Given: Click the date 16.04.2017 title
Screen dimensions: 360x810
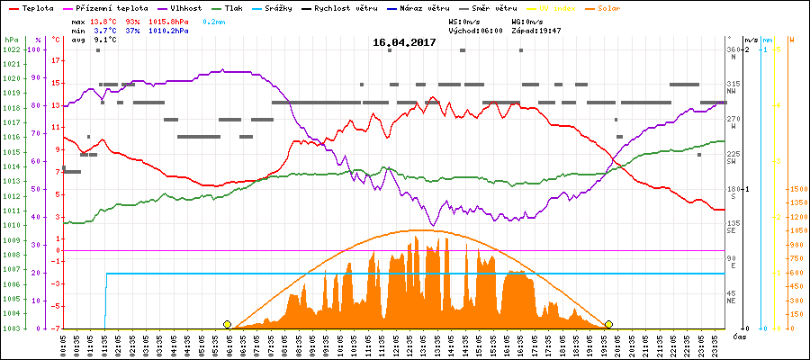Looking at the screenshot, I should pyautogui.click(x=404, y=42).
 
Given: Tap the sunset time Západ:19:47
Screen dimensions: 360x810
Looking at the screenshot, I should pyautogui.click(x=535, y=30).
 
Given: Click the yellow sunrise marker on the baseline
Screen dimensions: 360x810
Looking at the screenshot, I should pyautogui.click(x=227, y=324).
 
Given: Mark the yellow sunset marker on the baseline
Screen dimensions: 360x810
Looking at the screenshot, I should pyautogui.click(x=609, y=324).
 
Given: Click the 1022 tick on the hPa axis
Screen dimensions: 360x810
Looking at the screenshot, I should pyautogui.click(x=11, y=49).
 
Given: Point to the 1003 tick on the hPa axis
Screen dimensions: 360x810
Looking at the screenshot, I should pyautogui.click(x=11, y=328).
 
